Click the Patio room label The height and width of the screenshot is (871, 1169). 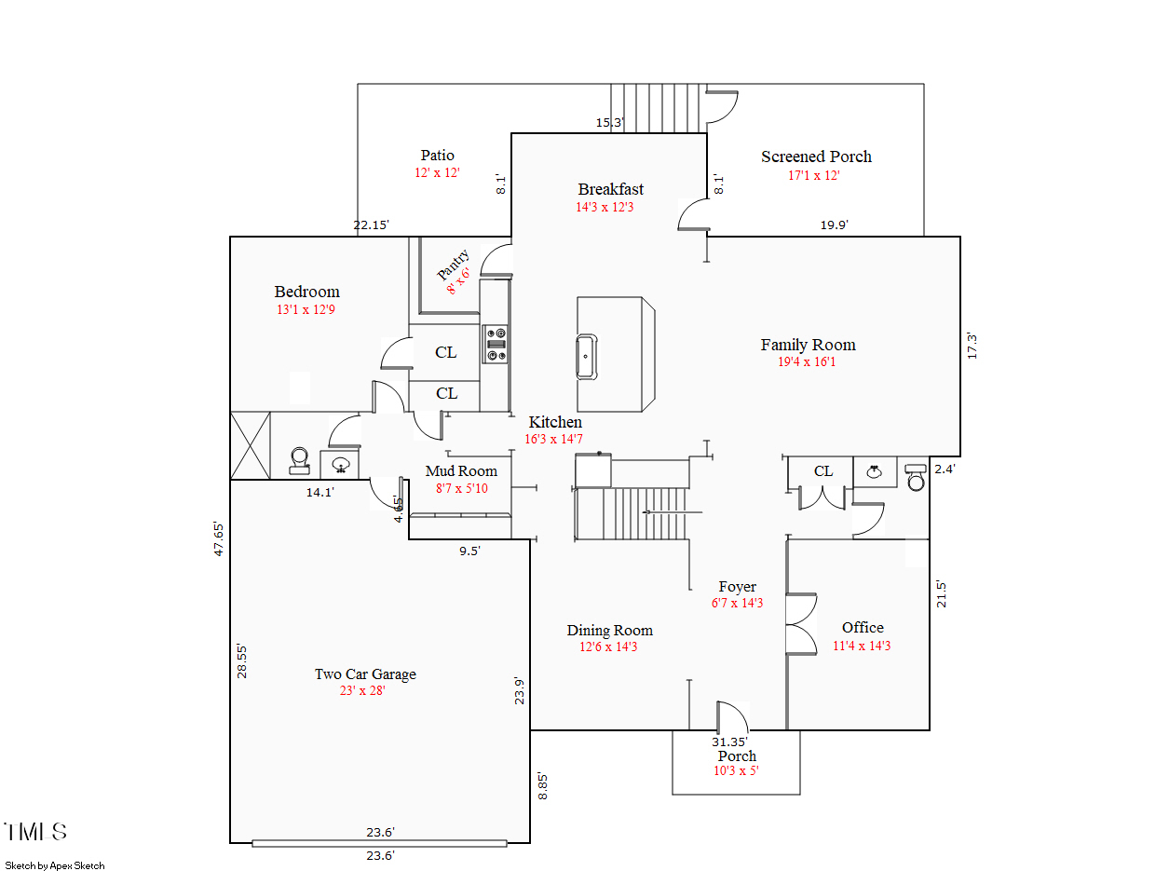click(x=437, y=156)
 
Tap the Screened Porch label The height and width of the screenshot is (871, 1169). click(x=816, y=157)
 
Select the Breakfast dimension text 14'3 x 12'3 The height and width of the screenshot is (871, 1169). click(x=605, y=207)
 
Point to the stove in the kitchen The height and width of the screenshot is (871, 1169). click(x=495, y=344)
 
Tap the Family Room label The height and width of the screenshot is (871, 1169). click(x=808, y=345)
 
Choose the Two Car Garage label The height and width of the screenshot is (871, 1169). click(x=365, y=674)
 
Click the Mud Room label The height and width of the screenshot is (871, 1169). click(x=461, y=470)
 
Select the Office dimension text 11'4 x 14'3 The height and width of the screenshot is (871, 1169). click(x=862, y=646)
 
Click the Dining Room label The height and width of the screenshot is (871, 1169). click(x=610, y=631)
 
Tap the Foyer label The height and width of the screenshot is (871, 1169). click(x=737, y=587)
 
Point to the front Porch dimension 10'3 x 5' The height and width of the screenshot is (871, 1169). click(x=736, y=770)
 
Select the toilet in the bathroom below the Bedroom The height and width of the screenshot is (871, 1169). click(x=299, y=461)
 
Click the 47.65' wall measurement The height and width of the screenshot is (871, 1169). click(x=220, y=538)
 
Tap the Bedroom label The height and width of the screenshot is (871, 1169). click(x=306, y=292)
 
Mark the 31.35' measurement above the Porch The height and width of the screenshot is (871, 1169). click(x=730, y=742)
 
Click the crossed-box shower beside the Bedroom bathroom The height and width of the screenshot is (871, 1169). click(x=251, y=445)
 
